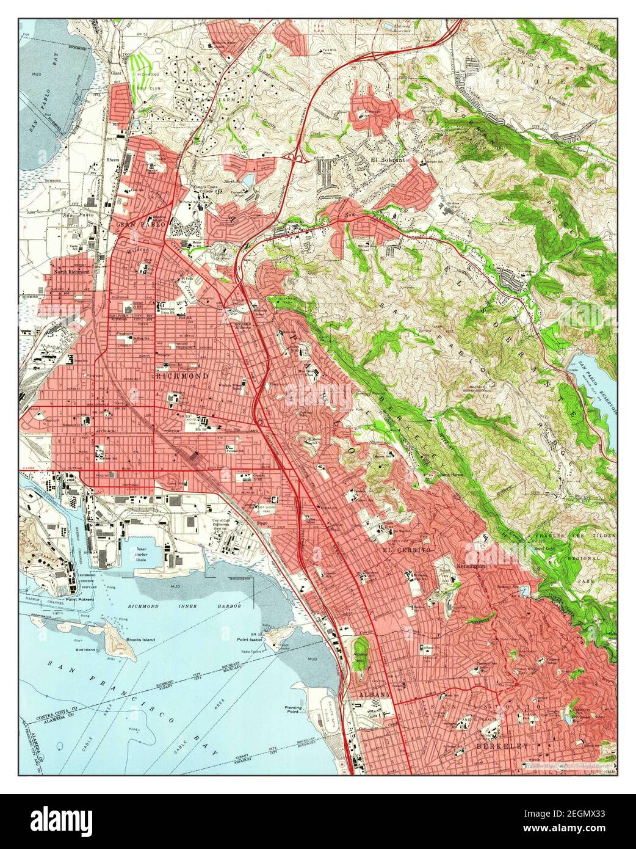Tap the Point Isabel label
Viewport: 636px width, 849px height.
click(x=250, y=639)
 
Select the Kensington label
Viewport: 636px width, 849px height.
click(x=470, y=566)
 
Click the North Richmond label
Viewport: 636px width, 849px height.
click(x=71, y=272)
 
